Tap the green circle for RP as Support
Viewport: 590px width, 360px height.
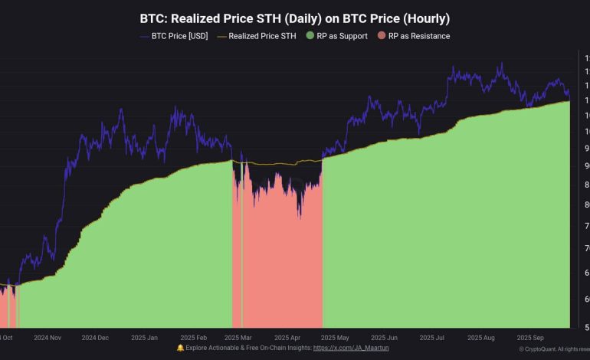point(310,36)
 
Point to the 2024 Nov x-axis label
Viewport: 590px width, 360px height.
point(48,337)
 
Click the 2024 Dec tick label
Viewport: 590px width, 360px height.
point(95,337)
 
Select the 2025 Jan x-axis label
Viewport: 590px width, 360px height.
point(144,337)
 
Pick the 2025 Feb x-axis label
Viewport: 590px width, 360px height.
point(193,337)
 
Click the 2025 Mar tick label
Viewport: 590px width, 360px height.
point(238,337)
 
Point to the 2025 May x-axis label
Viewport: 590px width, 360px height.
point(334,337)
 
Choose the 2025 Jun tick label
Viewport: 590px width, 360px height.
point(382,337)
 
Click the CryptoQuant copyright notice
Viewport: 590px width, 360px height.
point(554,349)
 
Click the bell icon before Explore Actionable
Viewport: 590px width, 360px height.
point(180,349)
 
